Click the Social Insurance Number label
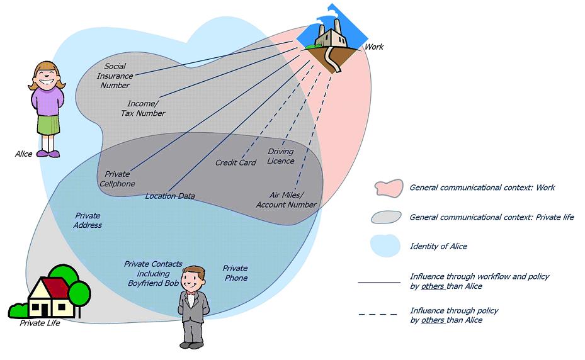point(115,76)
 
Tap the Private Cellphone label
point(117,179)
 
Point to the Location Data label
point(169,196)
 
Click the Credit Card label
point(236,163)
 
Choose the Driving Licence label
point(281,156)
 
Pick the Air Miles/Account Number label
point(286,200)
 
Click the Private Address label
point(88,220)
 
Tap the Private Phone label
point(235,273)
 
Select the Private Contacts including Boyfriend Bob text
point(153,274)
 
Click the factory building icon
point(329,37)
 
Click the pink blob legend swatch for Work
point(387,188)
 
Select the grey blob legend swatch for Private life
point(385,217)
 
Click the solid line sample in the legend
point(378,283)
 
